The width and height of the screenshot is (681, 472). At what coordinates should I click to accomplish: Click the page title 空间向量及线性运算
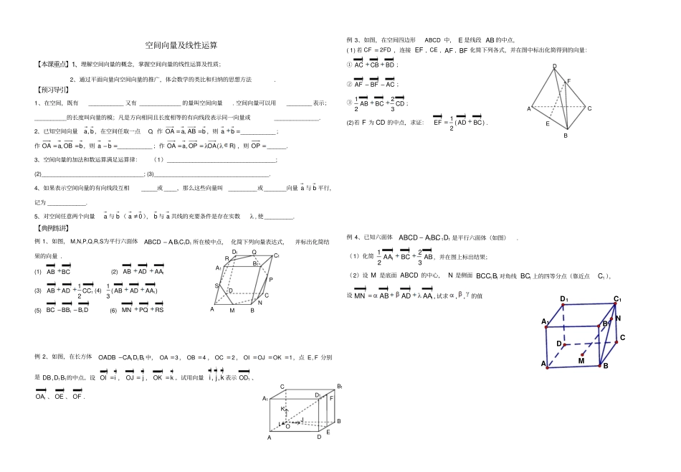(176, 44)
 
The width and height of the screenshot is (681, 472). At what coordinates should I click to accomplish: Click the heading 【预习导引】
(54, 90)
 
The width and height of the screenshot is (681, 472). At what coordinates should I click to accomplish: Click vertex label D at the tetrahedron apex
(554, 66)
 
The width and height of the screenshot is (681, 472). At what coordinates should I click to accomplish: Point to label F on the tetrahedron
(569, 81)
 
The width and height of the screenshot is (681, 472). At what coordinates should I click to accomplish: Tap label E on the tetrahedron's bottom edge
(547, 124)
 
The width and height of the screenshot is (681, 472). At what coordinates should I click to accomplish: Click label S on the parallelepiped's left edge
(216, 285)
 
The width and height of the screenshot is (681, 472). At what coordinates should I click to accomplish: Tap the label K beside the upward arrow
(282, 409)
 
